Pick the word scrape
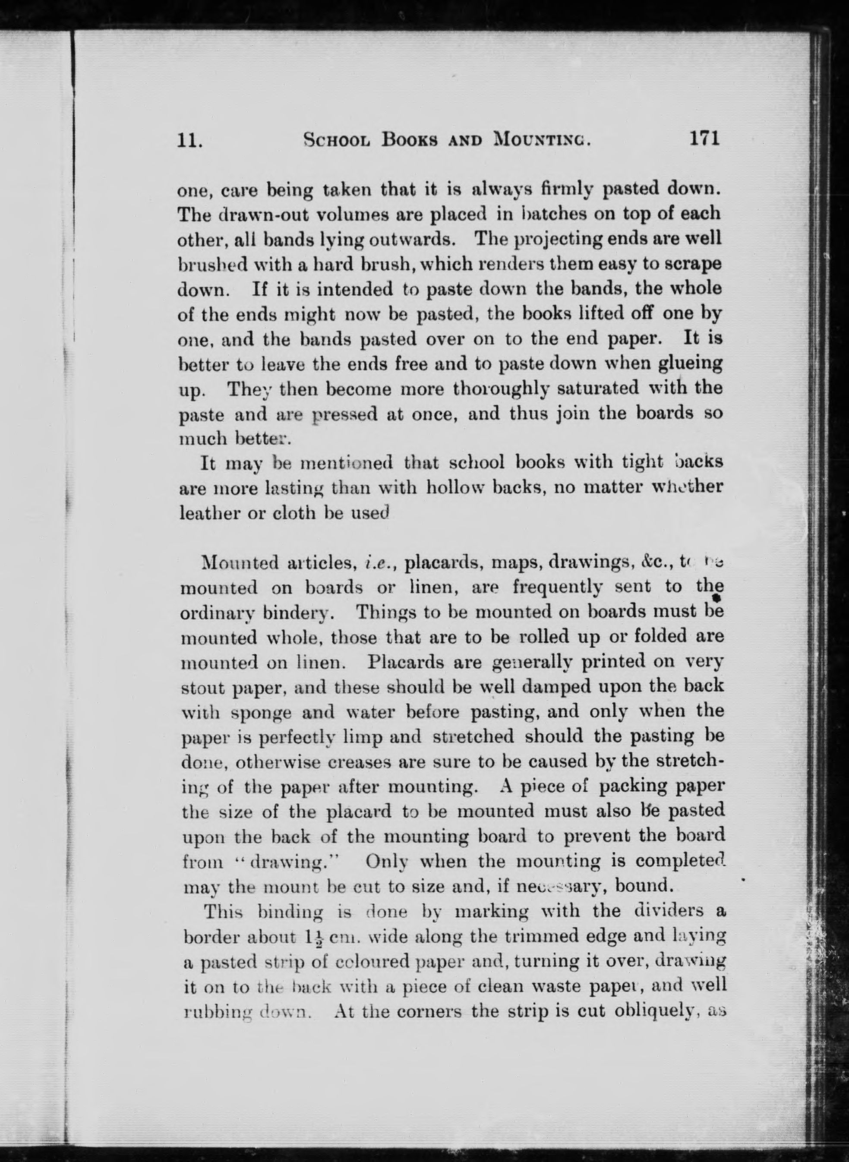pos(696,264)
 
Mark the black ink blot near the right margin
pos(716,599)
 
